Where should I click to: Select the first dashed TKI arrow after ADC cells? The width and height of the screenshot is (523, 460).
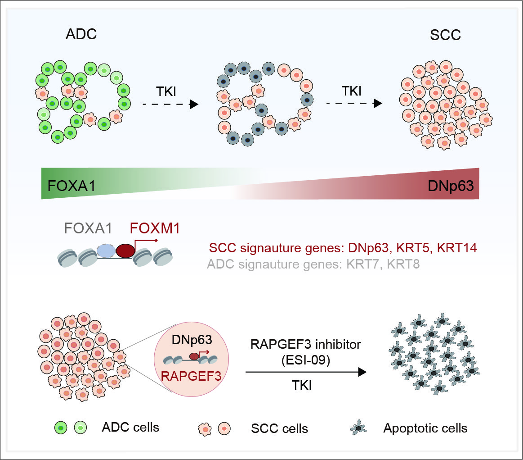click(x=170, y=104)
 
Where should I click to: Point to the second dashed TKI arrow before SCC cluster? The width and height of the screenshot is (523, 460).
click(x=354, y=103)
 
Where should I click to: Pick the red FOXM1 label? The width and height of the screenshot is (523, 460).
click(x=155, y=229)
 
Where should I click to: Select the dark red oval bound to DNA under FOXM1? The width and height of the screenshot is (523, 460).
click(x=125, y=251)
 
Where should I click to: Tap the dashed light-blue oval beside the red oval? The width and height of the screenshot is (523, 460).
click(x=107, y=251)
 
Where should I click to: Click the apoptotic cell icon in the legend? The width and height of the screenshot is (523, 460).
click(x=359, y=428)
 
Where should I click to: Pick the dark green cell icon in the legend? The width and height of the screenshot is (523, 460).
click(x=61, y=427)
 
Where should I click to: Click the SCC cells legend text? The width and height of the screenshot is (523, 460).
click(x=280, y=428)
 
